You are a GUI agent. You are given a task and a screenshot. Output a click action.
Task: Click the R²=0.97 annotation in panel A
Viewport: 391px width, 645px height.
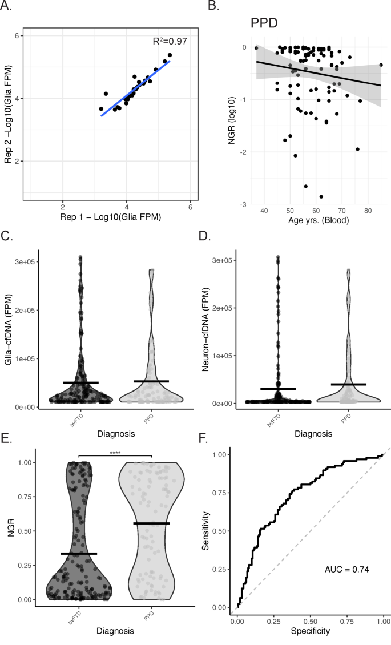[170, 41]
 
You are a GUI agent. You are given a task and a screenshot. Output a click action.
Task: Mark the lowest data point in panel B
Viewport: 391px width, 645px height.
[321, 197]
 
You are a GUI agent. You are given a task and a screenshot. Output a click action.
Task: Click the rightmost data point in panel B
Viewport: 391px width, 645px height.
[381, 65]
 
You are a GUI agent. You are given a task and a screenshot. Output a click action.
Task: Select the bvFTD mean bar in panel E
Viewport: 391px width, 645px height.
[78, 554]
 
